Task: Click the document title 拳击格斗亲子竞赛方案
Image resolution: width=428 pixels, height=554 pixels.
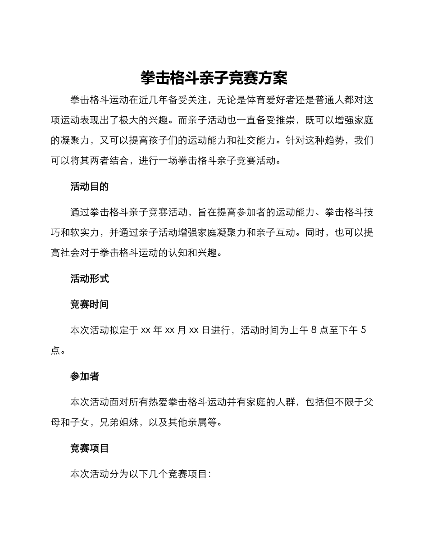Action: [x=214, y=78]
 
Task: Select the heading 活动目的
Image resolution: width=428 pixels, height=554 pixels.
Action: [x=90, y=186]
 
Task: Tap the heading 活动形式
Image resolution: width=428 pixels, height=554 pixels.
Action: [x=90, y=278]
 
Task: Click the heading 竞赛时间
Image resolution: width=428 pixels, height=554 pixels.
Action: [x=90, y=304]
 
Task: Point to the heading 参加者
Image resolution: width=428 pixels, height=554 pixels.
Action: [x=85, y=377]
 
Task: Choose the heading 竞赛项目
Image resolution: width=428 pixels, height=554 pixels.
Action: [x=90, y=448]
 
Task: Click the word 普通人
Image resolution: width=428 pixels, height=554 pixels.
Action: [x=329, y=100]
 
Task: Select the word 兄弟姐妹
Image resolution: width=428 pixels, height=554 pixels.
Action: [x=119, y=423]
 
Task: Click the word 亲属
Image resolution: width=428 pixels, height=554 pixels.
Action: [x=197, y=423]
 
